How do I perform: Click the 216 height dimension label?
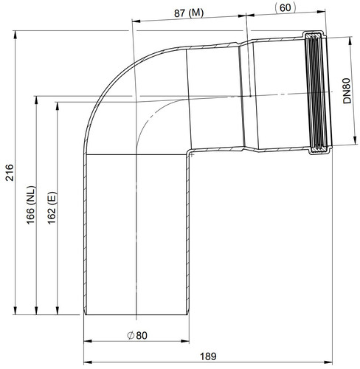click(x=10, y=173)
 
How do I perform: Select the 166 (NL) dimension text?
click(x=31, y=205)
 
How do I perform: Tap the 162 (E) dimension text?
click(x=52, y=208)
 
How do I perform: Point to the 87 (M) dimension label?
click(x=189, y=13)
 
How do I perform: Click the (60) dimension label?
click(x=285, y=8)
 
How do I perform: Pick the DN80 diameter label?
click(x=347, y=91)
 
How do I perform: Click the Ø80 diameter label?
click(x=137, y=336)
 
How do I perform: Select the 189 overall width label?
click(x=208, y=356)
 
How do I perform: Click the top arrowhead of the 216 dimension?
click(x=15, y=35)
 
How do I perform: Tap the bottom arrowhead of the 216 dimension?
click(x=15, y=311)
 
